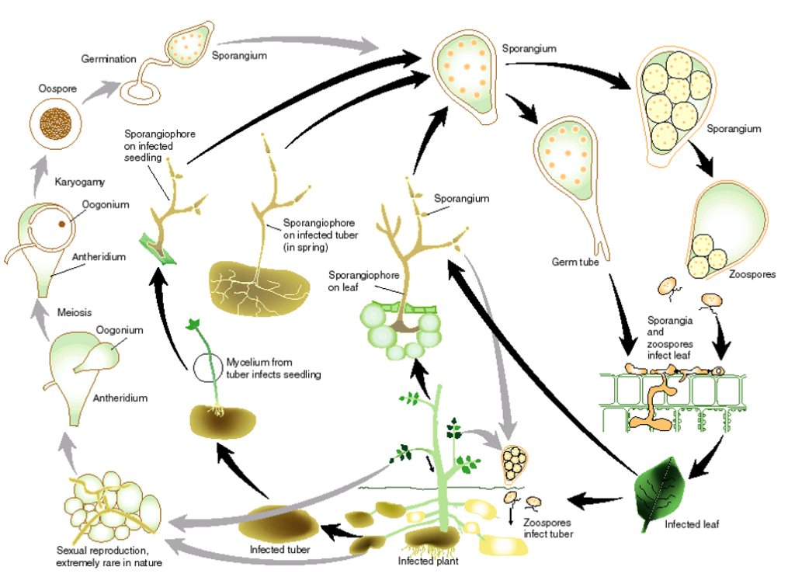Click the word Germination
(109, 59)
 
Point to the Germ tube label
(577, 262)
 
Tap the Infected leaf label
(692, 524)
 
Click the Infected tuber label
(280, 550)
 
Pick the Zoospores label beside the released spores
(750, 274)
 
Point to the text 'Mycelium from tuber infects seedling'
(274, 368)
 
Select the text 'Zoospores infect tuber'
(548, 529)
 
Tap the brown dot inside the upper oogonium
(61, 225)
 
